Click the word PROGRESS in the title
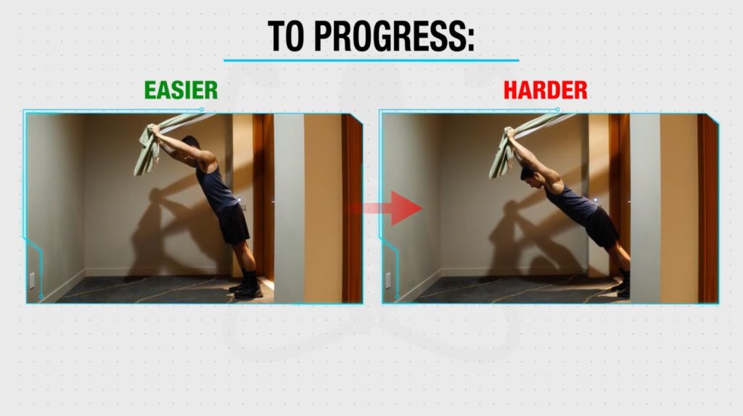click(x=394, y=36)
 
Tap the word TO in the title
click(x=286, y=36)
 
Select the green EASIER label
click(x=181, y=90)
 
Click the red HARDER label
click(x=546, y=90)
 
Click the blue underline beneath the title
click(x=371, y=60)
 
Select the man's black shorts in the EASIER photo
click(x=233, y=224)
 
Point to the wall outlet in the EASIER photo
click(x=32, y=280)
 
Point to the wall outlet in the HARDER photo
click(x=387, y=280)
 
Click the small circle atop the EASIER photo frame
click(x=202, y=109)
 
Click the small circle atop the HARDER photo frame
click(x=558, y=109)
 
